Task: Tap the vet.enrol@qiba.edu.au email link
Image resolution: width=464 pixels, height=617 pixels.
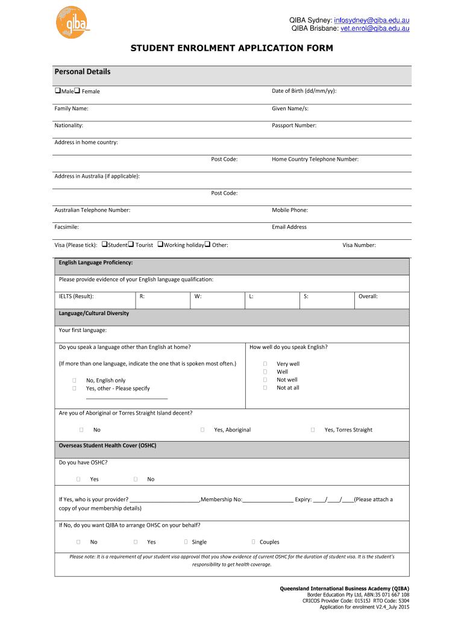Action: (x=375, y=28)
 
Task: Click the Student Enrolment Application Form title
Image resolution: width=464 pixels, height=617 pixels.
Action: (x=231, y=48)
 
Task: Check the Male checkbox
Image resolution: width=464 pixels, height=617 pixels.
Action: (x=58, y=91)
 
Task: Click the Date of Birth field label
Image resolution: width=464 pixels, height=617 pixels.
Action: (x=304, y=91)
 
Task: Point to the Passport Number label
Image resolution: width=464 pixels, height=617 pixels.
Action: (x=294, y=125)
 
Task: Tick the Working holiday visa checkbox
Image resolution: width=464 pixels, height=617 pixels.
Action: (x=161, y=245)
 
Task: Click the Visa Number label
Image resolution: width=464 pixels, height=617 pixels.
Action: (x=359, y=245)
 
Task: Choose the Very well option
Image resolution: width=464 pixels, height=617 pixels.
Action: (x=265, y=364)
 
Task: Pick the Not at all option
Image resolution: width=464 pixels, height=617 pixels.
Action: (x=265, y=387)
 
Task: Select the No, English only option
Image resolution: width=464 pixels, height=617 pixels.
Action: (x=74, y=381)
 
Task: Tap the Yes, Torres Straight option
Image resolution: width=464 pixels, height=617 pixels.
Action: (x=313, y=430)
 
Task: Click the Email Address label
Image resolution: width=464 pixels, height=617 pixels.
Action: (x=289, y=227)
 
